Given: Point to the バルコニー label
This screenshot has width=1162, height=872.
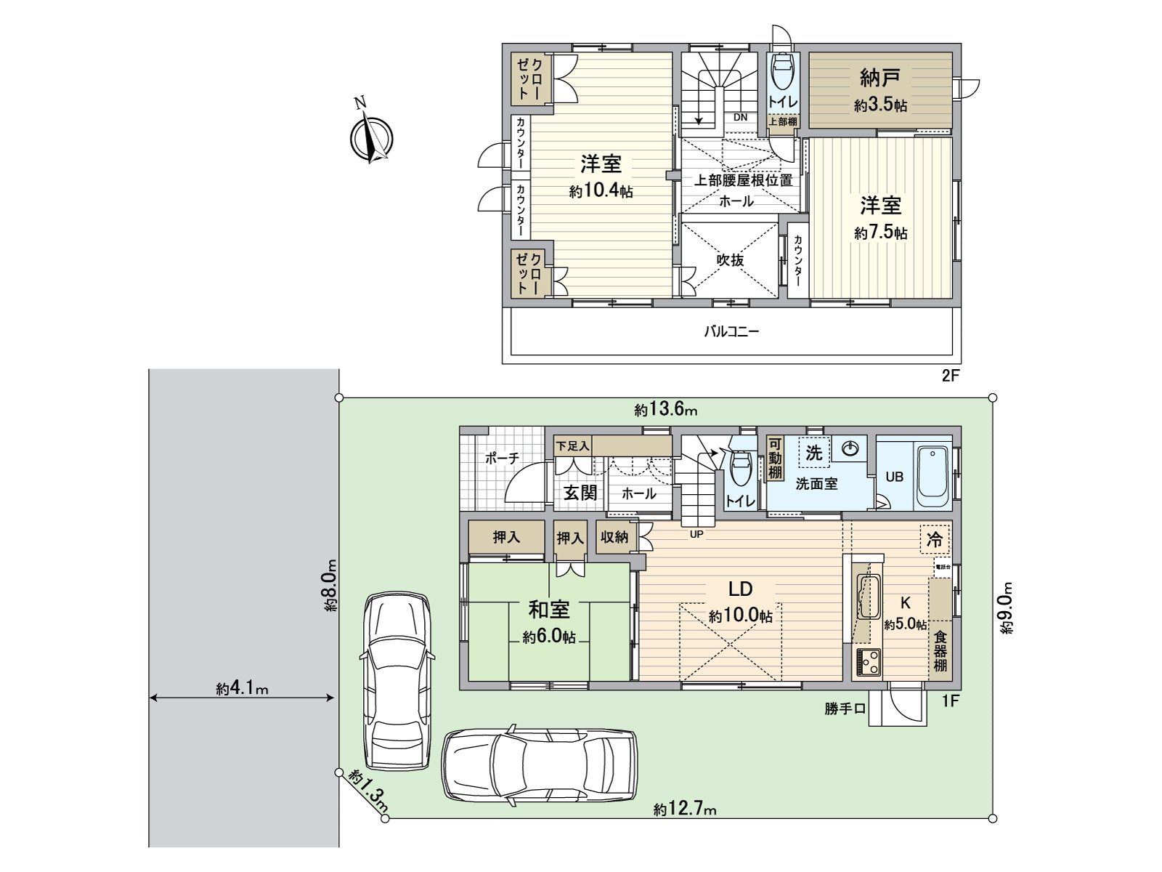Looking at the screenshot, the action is tap(731, 332).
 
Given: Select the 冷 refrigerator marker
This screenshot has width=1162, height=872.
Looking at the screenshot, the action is tap(935, 539).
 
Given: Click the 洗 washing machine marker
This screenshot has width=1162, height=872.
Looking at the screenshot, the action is tap(813, 453).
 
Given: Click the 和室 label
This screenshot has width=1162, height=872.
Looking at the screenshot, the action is tap(549, 610).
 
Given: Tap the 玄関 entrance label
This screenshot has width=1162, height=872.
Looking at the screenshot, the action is tap(580, 493).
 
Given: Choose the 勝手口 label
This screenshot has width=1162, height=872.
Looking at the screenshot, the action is tap(845, 709).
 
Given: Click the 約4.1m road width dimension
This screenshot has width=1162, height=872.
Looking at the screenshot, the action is tap(242, 688).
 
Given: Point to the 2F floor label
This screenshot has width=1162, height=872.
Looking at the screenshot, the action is tap(950, 376).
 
